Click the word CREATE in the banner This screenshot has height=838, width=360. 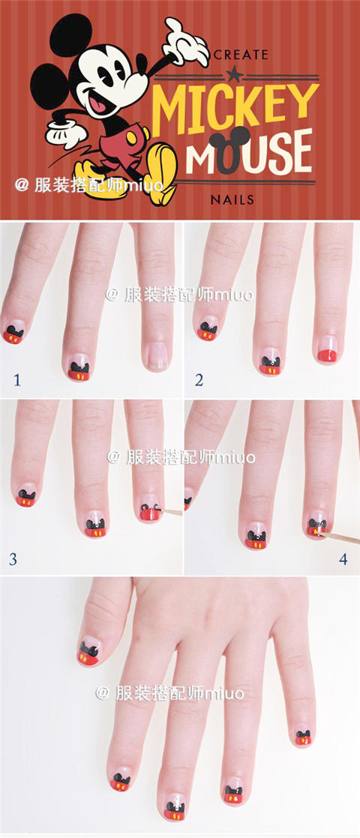[x=241, y=55]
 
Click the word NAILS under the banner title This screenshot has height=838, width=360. [x=232, y=200]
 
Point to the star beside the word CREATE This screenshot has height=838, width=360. [x=233, y=71]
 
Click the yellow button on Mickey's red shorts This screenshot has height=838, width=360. [x=131, y=137]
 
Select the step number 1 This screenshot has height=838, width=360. [x=17, y=381]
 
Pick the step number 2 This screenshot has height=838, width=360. [x=199, y=381]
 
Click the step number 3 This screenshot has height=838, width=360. [x=13, y=559]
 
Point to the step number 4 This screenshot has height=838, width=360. [x=343, y=559]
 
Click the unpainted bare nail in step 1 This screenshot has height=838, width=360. [x=157, y=357]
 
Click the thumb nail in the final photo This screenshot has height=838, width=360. [x=88, y=651]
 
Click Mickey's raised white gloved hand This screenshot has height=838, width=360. [x=184, y=42]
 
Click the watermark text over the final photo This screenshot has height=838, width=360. [x=169, y=693]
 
